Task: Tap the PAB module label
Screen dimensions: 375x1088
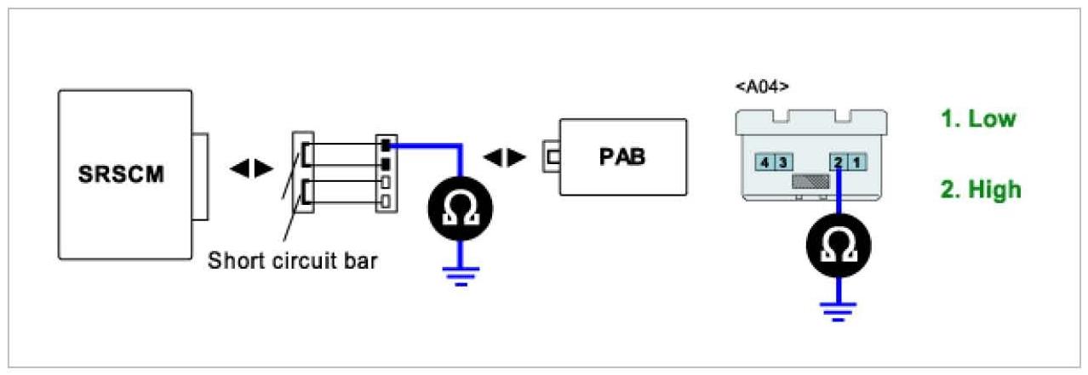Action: point(621,158)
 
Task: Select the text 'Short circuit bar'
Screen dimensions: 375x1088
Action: point(292,260)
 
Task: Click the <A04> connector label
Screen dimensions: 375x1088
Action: point(761,86)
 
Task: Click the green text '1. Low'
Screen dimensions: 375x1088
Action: point(978,118)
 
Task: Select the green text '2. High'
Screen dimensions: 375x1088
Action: point(981,189)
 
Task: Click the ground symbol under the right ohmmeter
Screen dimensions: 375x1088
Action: point(839,312)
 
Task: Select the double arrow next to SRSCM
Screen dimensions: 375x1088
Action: point(251,168)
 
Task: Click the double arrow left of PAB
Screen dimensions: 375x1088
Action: point(504,158)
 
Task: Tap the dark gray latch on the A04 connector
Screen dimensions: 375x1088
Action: point(809,181)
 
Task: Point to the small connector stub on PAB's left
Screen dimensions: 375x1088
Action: point(550,157)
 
